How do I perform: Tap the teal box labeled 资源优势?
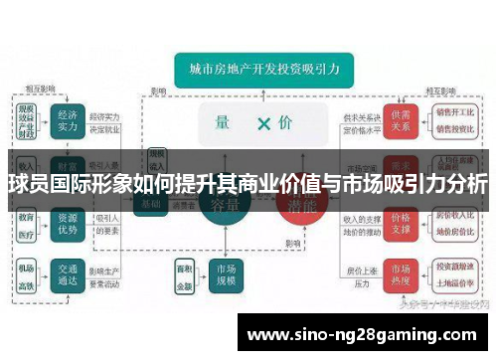click(68, 224)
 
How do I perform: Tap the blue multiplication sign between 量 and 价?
click(263, 123)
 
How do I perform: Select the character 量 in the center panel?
click(223, 123)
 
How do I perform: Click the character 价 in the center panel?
click(285, 123)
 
